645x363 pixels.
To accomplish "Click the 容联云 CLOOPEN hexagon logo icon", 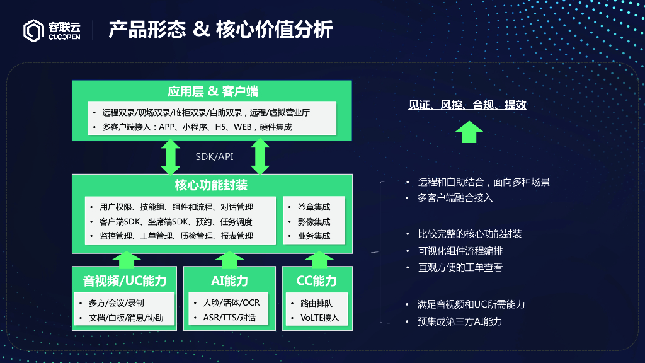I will pyautogui.click(x=34, y=30).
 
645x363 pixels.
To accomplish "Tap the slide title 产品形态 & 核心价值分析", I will pyautogui.click(x=220, y=29).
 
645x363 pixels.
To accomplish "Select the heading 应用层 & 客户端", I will pyautogui.click(x=212, y=91).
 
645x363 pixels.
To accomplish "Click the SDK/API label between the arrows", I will pyautogui.click(x=214, y=157).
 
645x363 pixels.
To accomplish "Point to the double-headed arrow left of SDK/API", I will pyautogui.click(x=170, y=157).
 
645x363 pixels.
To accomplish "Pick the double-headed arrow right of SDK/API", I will pyautogui.click(x=260, y=157).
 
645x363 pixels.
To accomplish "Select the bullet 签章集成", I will pyautogui.click(x=314, y=207).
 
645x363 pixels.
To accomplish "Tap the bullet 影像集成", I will pyautogui.click(x=314, y=221).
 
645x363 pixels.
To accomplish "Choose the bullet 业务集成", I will pyautogui.click(x=314, y=236).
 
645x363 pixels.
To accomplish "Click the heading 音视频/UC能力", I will pyautogui.click(x=124, y=280).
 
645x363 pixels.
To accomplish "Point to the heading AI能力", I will pyautogui.click(x=229, y=280).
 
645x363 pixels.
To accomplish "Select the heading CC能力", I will pyautogui.click(x=316, y=280).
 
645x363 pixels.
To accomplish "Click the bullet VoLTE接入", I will pyautogui.click(x=319, y=318).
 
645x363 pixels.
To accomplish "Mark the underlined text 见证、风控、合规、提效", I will pyautogui.click(x=467, y=105).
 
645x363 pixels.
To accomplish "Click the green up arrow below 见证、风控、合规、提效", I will pyautogui.click(x=469, y=132).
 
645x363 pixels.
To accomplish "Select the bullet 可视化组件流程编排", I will pyautogui.click(x=460, y=251).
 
